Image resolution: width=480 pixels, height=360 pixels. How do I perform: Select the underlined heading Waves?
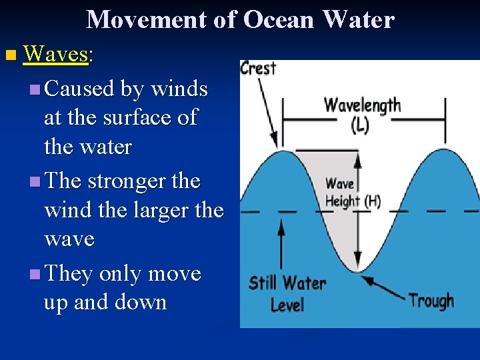coord(56,55)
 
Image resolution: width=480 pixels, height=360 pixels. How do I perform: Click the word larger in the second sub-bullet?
coord(157,210)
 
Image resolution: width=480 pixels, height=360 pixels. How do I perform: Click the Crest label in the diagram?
coord(258,68)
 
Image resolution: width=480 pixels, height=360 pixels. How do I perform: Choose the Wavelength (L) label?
coord(362,113)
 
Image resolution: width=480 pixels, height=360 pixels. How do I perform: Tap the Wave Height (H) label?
coord(353,193)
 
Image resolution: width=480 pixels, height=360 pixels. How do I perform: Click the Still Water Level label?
coord(287,293)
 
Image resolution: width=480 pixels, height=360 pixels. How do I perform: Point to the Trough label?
coord(431,301)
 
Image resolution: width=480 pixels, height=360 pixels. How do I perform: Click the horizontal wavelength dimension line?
coord(363,120)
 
